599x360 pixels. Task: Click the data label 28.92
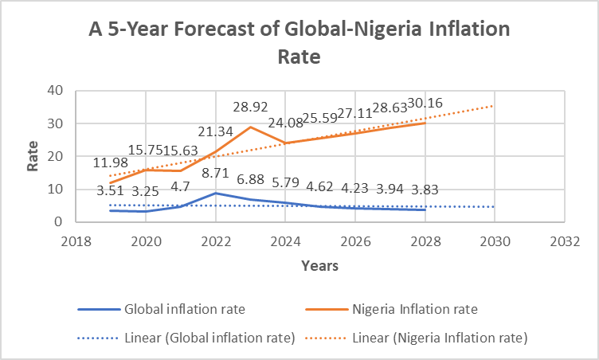(251, 107)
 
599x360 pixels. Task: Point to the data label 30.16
(425, 104)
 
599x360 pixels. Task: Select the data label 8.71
(215, 173)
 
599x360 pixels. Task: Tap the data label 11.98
(111, 162)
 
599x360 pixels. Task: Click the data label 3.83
(425, 190)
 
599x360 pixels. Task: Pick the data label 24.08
(285, 123)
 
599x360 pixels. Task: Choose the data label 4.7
(180, 186)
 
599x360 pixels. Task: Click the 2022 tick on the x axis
(216, 241)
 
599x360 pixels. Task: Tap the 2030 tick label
(495, 241)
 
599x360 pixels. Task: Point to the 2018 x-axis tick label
(76, 241)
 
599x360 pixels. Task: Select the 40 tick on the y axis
(55, 91)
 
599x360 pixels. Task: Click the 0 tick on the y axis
(58, 221)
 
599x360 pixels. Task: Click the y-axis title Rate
(33, 156)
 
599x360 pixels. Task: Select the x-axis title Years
(319, 265)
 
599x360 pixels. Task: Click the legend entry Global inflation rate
(162, 309)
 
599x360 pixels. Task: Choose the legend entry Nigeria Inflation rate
(392, 309)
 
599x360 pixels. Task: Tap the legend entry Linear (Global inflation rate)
(186, 338)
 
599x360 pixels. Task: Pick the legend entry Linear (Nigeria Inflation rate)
(417, 338)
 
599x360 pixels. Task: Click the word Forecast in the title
(214, 29)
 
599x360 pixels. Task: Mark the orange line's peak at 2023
(251, 127)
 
